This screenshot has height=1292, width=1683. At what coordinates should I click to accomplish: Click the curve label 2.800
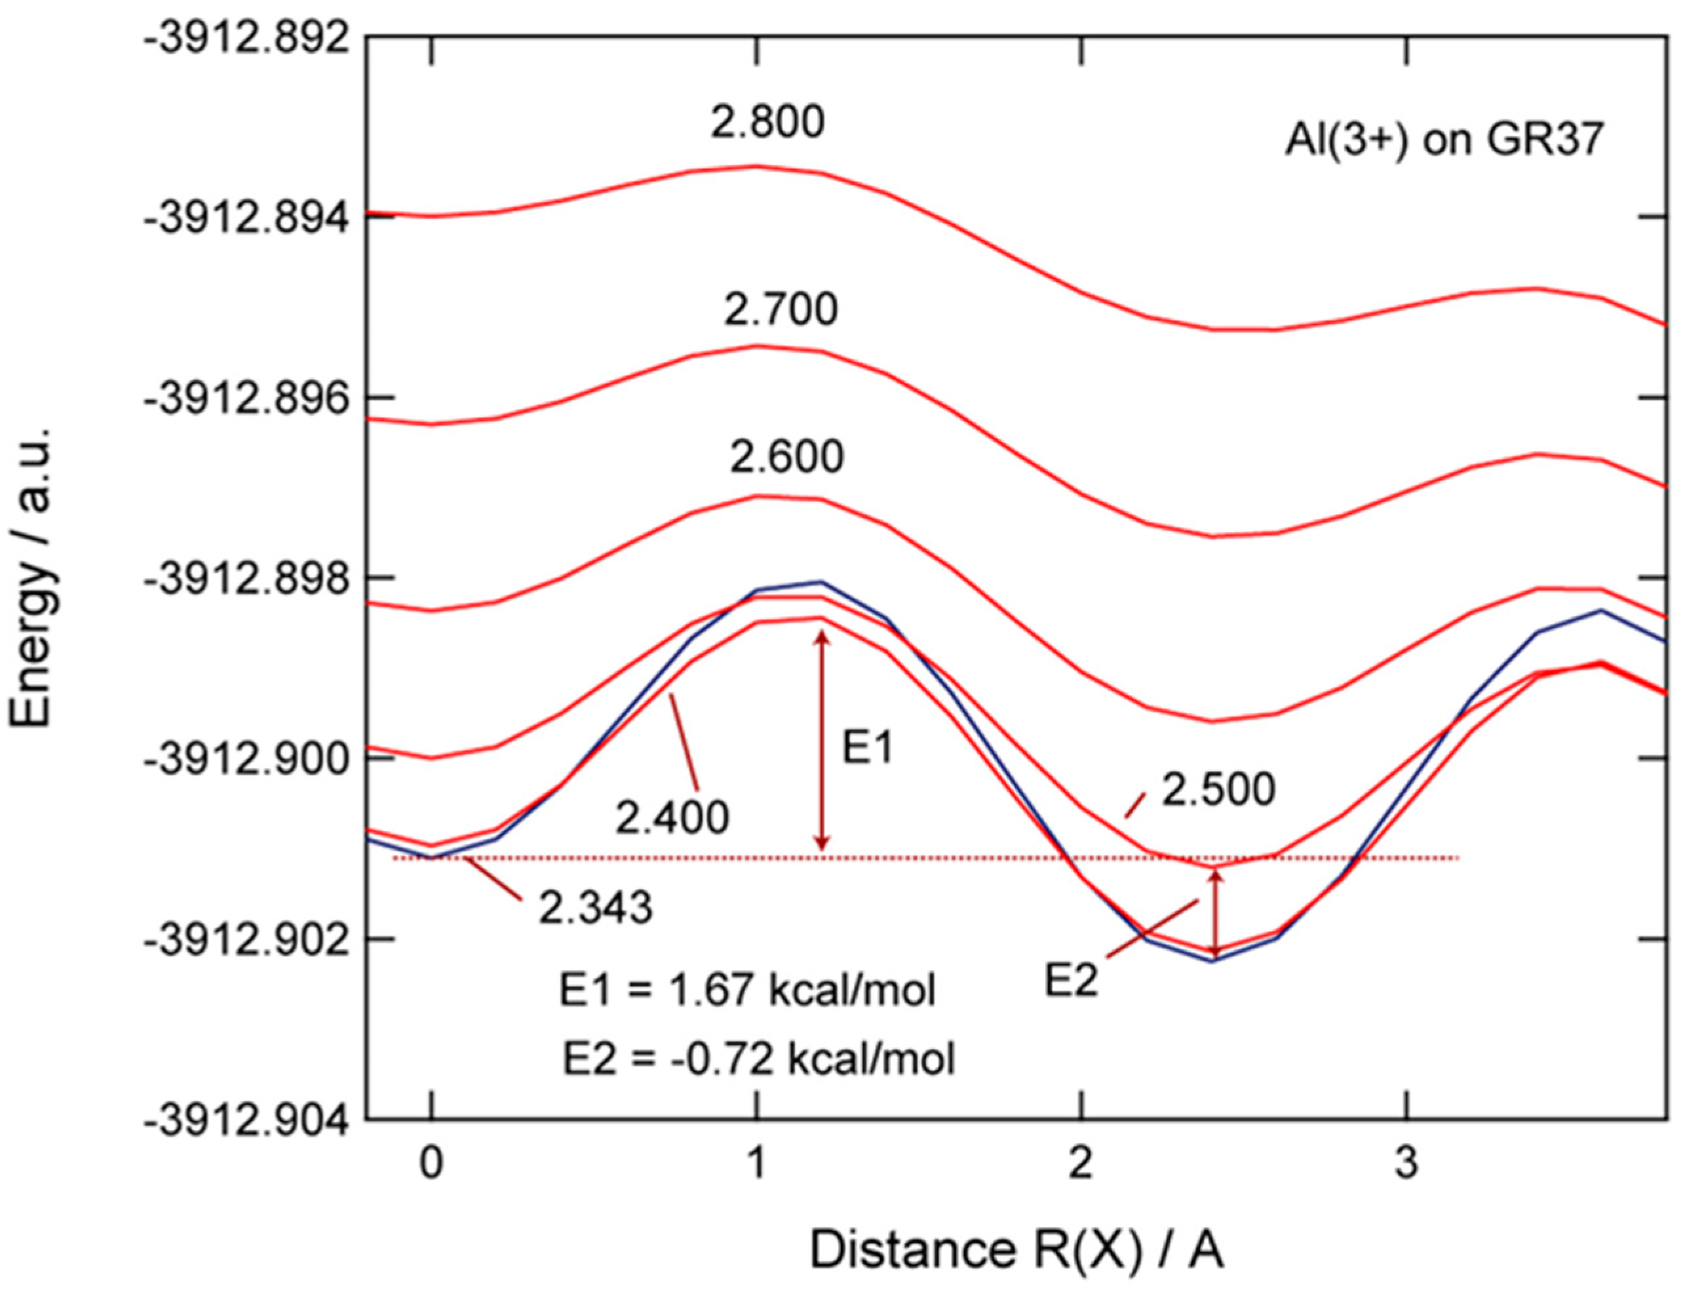[767, 123]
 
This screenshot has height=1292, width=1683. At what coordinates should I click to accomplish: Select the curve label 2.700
[780, 310]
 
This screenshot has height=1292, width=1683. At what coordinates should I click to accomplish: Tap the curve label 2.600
[786, 457]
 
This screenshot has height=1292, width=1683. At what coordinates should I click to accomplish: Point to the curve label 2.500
[1217, 790]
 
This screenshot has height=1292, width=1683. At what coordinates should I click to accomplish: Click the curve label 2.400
[671, 818]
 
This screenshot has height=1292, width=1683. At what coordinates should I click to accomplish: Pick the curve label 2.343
[594, 907]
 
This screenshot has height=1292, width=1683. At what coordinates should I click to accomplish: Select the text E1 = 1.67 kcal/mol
[746, 990]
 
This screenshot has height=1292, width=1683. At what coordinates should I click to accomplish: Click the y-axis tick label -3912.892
[244, 37]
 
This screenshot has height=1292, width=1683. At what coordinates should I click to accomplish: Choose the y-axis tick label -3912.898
[244, 577]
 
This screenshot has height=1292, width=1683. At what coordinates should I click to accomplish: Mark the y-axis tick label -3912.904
[244, 1118]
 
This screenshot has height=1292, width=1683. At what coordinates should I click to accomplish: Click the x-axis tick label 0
[431, 1163]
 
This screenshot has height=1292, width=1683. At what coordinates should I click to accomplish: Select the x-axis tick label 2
[1081, 1163]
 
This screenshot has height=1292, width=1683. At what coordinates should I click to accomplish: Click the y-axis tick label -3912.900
[244, 758]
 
